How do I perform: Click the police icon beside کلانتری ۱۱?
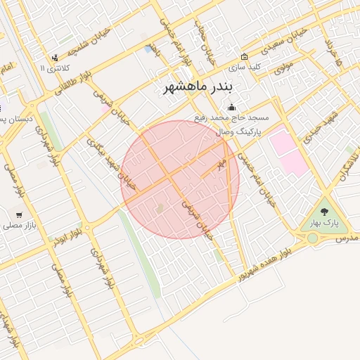(x=55, y=58)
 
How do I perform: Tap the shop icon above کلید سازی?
(x=244, y=57)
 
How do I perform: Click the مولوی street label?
(x=283, y=68)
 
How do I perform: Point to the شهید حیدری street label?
(x=324, y=124)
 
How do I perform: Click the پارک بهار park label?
(x=324, y=223)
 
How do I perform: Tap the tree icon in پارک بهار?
(x=324, y=212)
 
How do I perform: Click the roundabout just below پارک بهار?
(x=312, y=238)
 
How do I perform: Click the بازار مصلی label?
(x=19, y=226)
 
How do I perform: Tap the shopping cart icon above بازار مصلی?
(x=19, y=214)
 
